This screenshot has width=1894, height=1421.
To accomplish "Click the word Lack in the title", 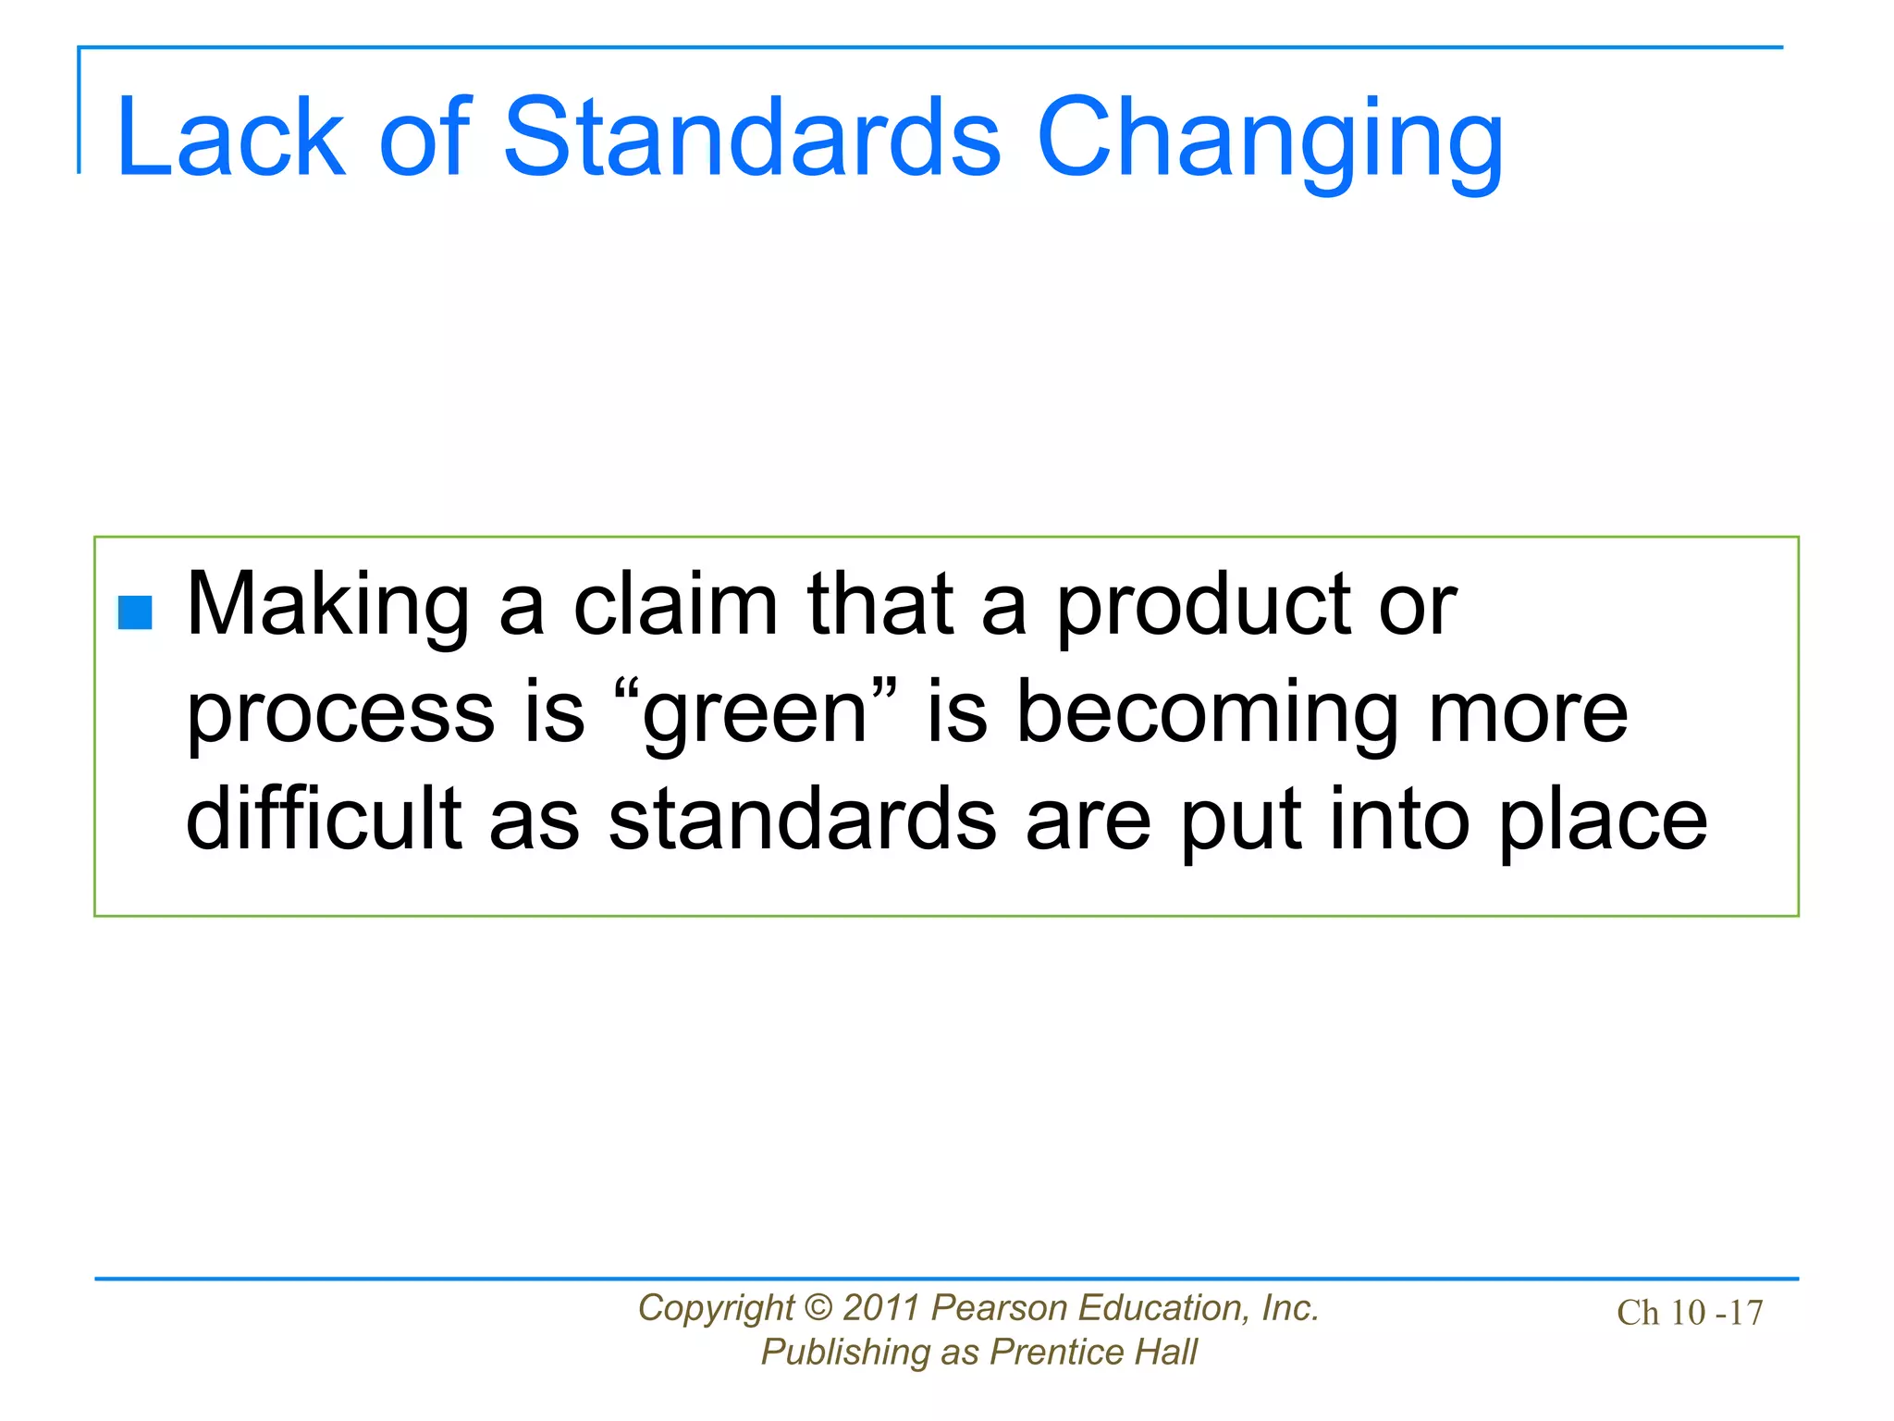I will (x=231, y=139).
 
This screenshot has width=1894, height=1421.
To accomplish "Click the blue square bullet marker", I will (x=136, y=612).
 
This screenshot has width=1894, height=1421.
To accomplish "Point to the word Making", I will (x=328, y=606).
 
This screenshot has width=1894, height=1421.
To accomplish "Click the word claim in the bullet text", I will (x=676, y=606).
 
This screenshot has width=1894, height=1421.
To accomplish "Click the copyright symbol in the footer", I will (x=818, y=1308).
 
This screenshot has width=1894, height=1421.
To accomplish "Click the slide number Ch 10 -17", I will (x=1690, y=1313).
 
